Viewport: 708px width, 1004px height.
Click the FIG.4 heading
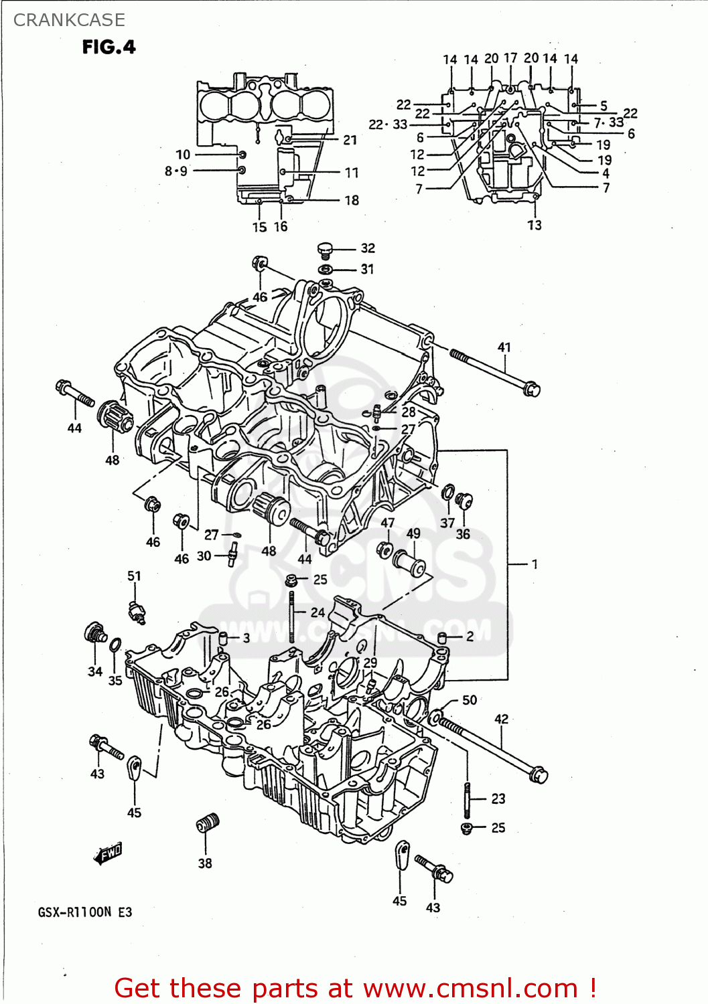(x=109, y=47)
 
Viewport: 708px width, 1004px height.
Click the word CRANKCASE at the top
(x=69, y=20)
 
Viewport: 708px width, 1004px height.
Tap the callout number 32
(x=368, y=248)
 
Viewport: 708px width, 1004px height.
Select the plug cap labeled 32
(x=325, y=250)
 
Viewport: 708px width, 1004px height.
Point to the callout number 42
(x=501, y=719)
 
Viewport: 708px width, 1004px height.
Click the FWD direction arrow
(x=108, y=853)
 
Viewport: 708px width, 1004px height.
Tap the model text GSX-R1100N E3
(x=85, y=912)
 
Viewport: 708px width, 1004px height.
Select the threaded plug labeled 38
(x=208, y=823)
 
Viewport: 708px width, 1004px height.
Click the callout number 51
(x=135, y=576)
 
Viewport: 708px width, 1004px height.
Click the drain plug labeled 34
(x=94, y=633)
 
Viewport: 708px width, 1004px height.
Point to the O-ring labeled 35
(x=115, y=645)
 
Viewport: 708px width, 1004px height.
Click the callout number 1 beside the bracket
(x=535, y=564)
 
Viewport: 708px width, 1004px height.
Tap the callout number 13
(x=534, y=226)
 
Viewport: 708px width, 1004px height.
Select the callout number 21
(x=350, y=140)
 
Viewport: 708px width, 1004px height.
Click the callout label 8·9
(x=176, y=171)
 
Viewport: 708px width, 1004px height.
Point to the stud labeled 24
(x=292, y=616)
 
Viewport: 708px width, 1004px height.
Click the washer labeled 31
(x=325, y=269)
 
